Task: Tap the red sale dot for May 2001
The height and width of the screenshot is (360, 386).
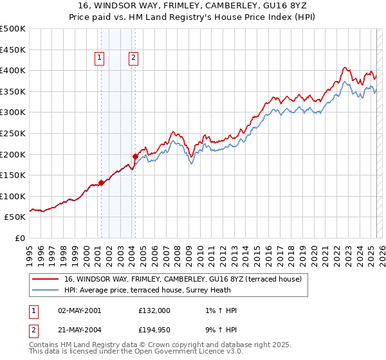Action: [101, 183]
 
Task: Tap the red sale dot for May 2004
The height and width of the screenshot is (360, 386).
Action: [135, 156]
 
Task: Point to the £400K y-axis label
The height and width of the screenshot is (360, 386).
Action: [13, 70]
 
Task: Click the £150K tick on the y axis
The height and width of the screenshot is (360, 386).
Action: [13, 175]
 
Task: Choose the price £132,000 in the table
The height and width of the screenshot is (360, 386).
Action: [154, 310]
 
